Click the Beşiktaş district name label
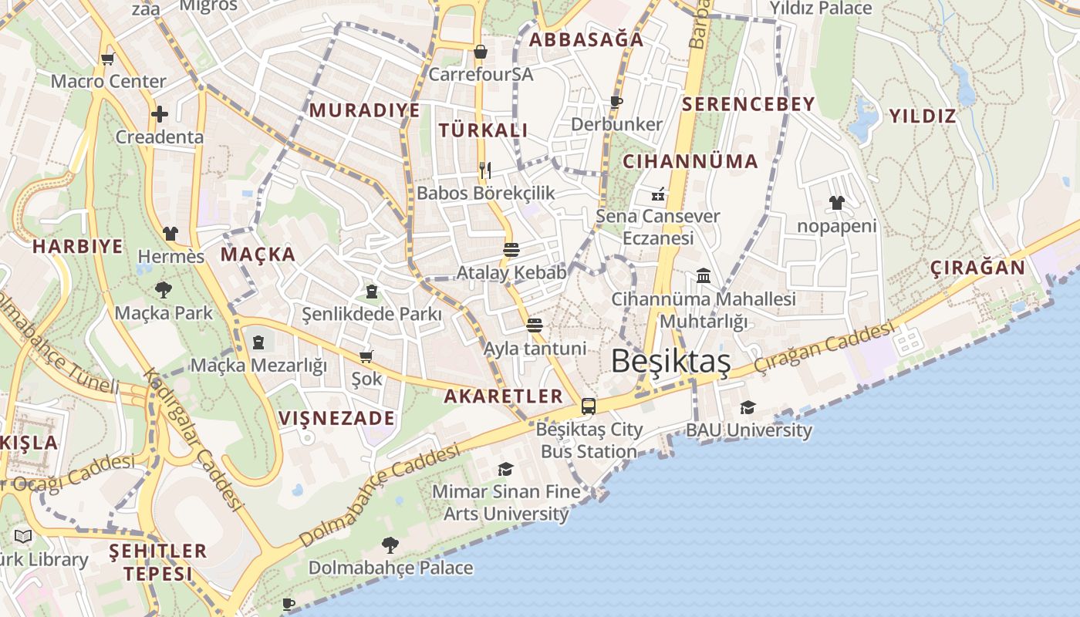[670, 361]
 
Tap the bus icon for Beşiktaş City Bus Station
[589, 406]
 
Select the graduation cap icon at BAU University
[748, 407]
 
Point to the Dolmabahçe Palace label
[390, 568]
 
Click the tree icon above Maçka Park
[163, 290]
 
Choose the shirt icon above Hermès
[170, 233]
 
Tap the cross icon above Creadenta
[160, 114]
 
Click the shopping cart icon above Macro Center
[108, 58]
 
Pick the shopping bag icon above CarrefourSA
[481, 52]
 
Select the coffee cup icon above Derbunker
[616, 101]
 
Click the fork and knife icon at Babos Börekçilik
[485, 170]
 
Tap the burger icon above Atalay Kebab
[511, 249]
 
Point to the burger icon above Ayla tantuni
[535, 325]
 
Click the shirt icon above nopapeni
[837, 203]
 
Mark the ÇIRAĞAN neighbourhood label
[977, 268]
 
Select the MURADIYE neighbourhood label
[365, 110]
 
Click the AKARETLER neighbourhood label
[504, 396]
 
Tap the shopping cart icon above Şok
[366, 356]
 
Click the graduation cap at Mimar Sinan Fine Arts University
[505, 468]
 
